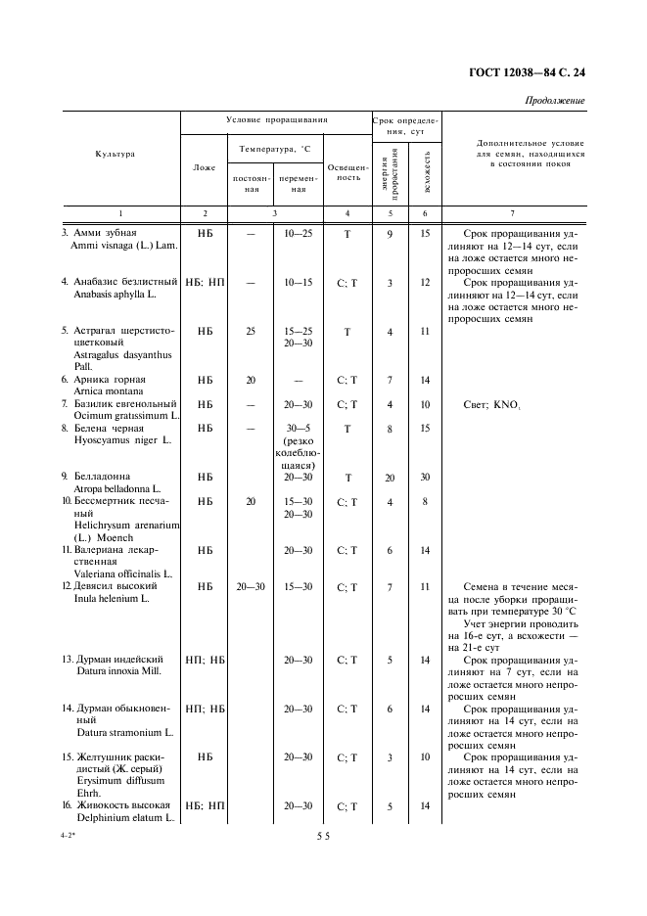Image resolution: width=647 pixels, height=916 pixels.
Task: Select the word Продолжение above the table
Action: tap(555, 101)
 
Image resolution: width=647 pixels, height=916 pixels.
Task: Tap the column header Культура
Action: tap(116, 154)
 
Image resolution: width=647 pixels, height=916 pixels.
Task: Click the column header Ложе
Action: tap(205, 167)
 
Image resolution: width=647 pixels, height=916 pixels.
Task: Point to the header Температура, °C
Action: tap(275, 149)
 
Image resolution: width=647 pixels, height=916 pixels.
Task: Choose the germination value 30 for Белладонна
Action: tap(425, 477)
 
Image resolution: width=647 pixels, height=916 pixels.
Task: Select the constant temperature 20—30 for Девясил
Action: tap(251, 586)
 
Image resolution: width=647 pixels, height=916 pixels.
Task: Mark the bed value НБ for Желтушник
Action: tap(205, 756)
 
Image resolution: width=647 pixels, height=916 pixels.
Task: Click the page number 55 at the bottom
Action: tap(323, 837)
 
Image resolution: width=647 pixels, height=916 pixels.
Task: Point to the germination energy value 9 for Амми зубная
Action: tap(390, 233)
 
